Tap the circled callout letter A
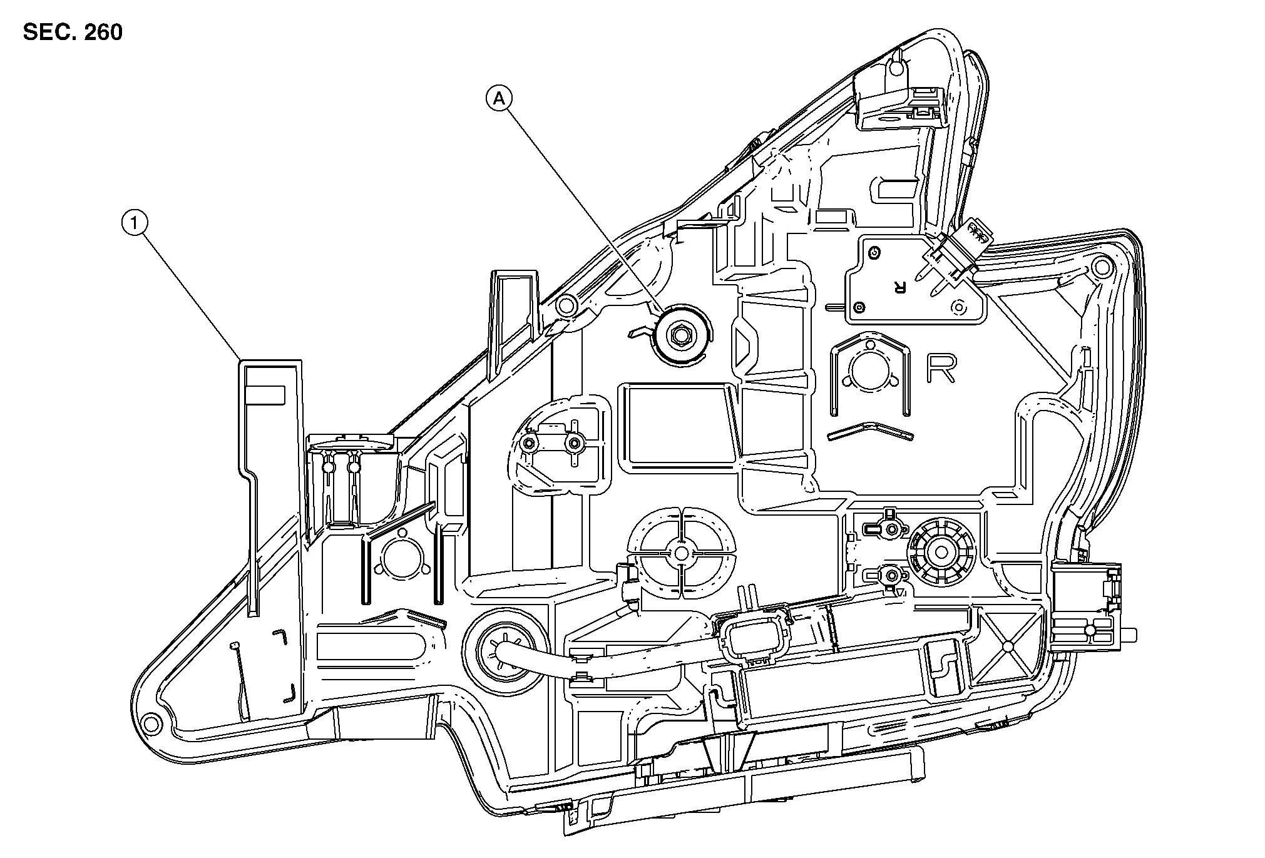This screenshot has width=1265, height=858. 499,98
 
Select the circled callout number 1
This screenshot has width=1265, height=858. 135,222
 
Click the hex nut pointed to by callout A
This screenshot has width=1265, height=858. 680,337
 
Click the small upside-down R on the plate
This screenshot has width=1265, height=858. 899,287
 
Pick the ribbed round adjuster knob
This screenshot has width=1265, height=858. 941,551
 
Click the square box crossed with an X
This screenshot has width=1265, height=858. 1007,644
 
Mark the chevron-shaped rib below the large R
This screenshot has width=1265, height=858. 870,429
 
